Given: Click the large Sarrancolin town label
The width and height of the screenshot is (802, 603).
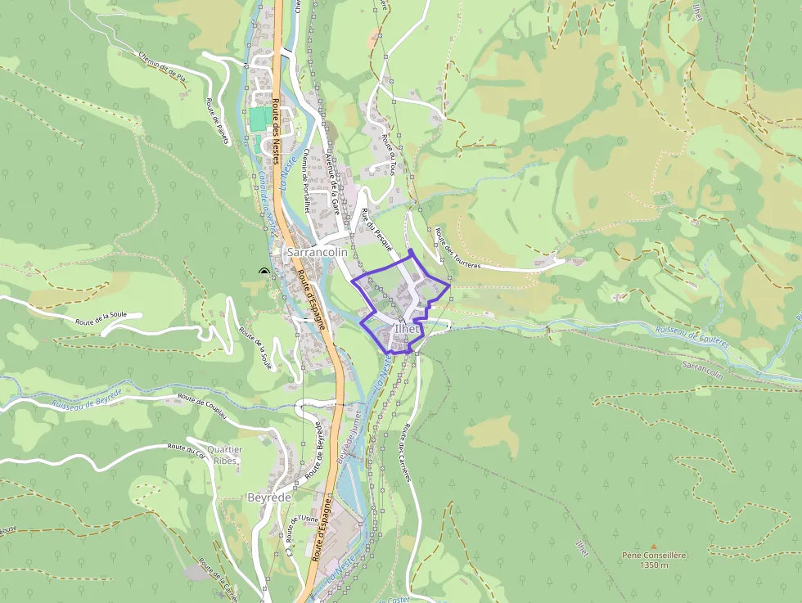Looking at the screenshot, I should (x=318, y=253).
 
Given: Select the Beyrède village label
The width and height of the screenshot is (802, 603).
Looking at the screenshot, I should (x=268, y=497).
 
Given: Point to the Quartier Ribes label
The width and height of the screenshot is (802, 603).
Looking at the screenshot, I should (x=226, y=455).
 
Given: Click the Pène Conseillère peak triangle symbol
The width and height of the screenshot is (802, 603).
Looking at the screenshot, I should (x=653, y=545).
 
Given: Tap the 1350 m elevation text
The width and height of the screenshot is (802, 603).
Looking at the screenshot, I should (x=653, y=565).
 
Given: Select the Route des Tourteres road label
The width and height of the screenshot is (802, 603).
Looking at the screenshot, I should (x=457, y=248).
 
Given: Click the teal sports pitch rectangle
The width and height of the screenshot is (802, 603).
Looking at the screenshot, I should (x=258, y=119).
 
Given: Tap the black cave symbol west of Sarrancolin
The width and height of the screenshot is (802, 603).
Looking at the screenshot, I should (x=264, y=272).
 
